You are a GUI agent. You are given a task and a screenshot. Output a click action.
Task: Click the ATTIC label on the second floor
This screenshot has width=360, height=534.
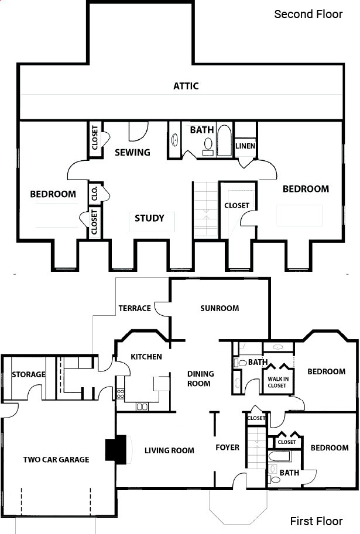pyautogui.click(x=186, y=86)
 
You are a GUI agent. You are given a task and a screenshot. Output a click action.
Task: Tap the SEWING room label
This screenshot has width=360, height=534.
pyautogui.click(x=132, y=152)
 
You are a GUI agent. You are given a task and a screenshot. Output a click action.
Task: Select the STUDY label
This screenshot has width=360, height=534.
pyautogui.click(x=149, y=218)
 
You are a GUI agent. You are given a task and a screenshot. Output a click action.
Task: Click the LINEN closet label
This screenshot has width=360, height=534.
pyautogui.click(x=245, y=146)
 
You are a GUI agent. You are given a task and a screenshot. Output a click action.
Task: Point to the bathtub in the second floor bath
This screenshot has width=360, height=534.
pyautogui.click(x=224, y=140)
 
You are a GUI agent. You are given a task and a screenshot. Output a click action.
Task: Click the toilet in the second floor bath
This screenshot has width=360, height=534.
pyautogui.click(x=208, y=146)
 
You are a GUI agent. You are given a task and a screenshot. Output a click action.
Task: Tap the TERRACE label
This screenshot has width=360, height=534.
pyautogui.click(x=135, y=308)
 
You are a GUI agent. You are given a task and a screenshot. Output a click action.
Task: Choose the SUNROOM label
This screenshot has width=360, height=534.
pyautogui.click(x=220, y=308)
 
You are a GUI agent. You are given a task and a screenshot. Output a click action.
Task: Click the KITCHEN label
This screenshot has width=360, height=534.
pyautogui.click(x=146, y=357)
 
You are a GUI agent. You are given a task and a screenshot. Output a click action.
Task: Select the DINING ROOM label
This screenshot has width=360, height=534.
pyautogui.click(x=200, y=378)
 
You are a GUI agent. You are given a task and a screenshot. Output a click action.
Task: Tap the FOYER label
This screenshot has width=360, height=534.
pyautogui.click(x=227, y=447)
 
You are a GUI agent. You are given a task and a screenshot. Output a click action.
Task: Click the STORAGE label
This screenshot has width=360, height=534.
pyautogui.click(x=29, y=374)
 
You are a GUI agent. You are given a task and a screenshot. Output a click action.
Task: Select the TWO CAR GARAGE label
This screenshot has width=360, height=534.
pyautogui.click(x=56, y=459)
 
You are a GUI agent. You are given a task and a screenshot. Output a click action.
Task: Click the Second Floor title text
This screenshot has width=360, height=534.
pyautogui.click(x=308, y=14)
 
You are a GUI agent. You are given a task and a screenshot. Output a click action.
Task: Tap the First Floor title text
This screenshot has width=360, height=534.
pyautogui.click(x=316, y=521)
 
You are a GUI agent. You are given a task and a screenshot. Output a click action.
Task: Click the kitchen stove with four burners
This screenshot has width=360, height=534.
pyautogui.click(x=121, y=394)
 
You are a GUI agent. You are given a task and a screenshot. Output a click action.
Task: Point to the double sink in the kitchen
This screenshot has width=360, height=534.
pyautogui.click(x=142, y=406)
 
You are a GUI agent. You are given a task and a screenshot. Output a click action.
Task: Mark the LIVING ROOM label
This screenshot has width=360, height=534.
pyautogui.click(x=169, y=450)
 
